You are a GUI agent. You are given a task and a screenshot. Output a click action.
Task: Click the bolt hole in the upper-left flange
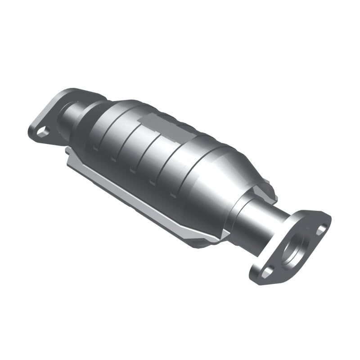click(42, 131)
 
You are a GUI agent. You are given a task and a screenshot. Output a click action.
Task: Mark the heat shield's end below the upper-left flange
click(72, 160)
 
